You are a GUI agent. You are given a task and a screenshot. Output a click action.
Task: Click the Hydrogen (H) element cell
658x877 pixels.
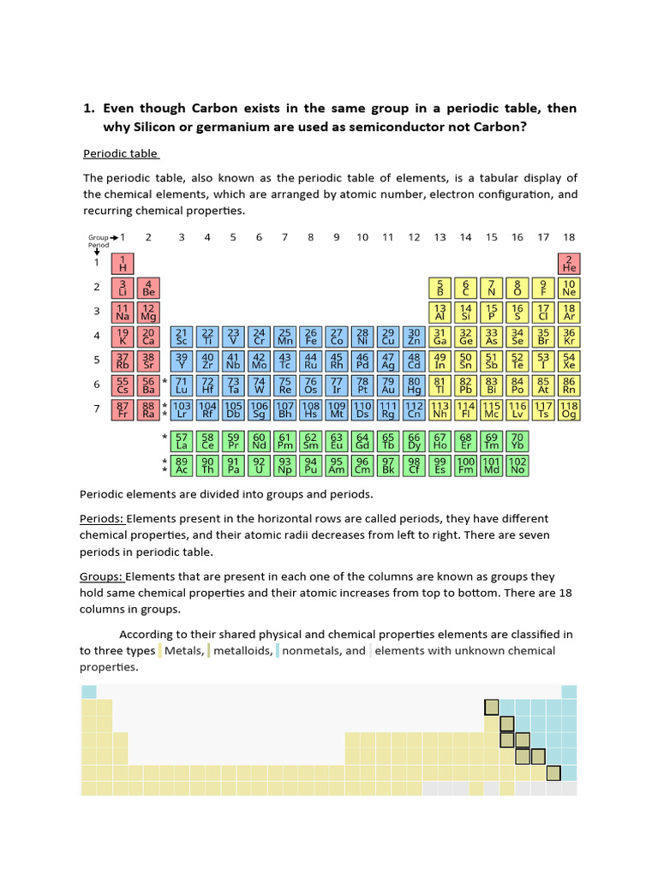point(123,263)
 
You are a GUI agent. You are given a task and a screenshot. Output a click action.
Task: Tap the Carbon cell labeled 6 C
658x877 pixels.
point(466,288)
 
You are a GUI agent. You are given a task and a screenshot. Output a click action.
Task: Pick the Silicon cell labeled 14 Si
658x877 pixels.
point(466,312)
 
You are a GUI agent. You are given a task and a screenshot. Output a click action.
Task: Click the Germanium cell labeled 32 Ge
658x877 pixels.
point(466,337)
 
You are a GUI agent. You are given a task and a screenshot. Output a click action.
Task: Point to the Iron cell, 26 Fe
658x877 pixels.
point(311,337)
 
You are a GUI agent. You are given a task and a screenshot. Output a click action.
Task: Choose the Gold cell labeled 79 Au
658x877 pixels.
point(388,385)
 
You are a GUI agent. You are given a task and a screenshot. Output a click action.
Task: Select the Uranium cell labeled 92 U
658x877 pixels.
point(259,466)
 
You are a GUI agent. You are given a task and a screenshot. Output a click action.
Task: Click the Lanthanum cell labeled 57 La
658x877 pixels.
point(182,441)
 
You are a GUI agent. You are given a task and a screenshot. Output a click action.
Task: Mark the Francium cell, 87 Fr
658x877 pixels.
point(123,409)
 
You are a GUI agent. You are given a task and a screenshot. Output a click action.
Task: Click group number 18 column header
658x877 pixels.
point(569,237)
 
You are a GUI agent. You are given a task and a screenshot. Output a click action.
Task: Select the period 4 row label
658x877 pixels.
point(97,337)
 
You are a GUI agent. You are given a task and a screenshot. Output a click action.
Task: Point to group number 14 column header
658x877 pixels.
point(465,237)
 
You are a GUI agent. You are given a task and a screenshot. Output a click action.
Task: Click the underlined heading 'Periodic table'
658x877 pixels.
point(120,154)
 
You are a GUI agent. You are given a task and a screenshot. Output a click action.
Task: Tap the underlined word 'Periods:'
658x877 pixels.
point(102,519)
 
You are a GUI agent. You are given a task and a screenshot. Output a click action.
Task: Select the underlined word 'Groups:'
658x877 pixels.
point(102,576)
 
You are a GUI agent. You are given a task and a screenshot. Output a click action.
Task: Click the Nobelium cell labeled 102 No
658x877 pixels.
point(517,466)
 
